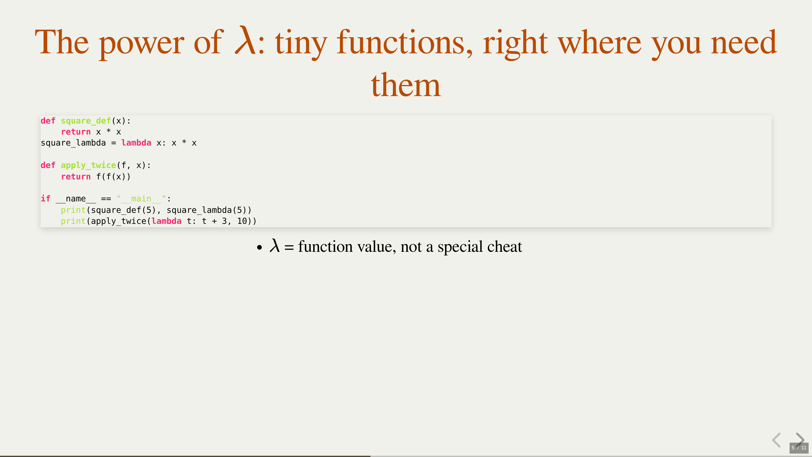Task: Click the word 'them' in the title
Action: click(406, 85)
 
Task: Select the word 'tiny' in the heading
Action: click(301, 44)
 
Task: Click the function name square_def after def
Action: click(86, 121)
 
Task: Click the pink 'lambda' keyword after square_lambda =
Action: click(136, 143)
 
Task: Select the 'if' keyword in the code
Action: click(45, 198)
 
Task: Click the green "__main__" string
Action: click(141, 199)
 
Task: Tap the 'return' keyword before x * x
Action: click(76, 132)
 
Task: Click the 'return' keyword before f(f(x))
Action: click(76, 177)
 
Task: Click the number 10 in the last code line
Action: click(242, 221)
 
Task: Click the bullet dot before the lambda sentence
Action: click(259, 248)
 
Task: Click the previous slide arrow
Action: click(777, 440)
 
